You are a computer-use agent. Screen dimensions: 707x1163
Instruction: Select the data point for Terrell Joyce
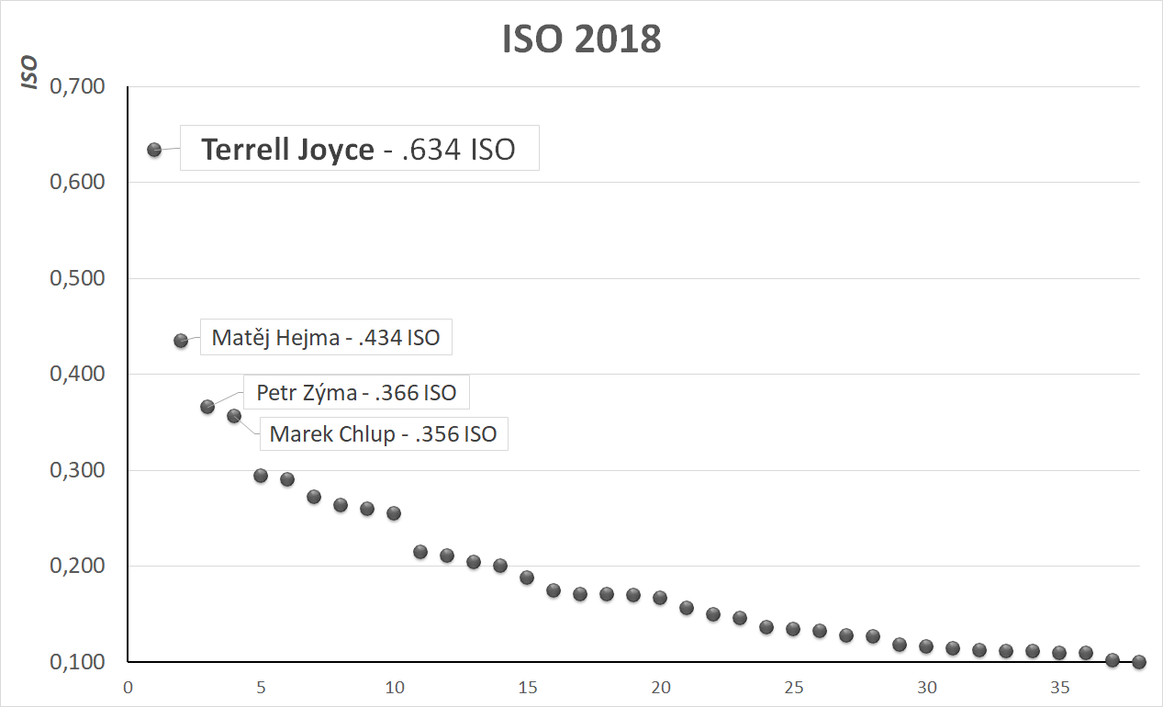[154, 150]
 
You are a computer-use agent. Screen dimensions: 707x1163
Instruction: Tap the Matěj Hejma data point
[181, 341]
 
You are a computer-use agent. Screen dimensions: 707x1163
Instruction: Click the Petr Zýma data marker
[207, 407]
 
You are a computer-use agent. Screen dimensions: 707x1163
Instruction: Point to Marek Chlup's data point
[234, 416]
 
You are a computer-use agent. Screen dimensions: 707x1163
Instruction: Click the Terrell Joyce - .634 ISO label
[359, 150]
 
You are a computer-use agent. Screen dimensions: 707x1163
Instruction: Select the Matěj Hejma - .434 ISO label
[326, 338]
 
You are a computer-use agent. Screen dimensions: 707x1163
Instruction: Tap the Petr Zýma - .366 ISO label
[356, 393]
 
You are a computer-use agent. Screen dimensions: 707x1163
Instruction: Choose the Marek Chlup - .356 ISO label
[383, 433]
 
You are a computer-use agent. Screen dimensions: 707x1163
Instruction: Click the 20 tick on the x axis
[661, 688]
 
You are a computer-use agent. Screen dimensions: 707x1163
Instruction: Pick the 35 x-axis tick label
[1060, 688]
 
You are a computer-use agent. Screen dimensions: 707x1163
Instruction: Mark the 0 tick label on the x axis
[128, 688]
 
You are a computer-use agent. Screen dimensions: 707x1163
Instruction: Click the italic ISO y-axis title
[31, 73]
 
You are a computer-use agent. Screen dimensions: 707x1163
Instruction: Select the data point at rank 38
[1139, 662]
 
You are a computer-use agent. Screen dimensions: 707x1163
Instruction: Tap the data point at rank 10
[394, 513]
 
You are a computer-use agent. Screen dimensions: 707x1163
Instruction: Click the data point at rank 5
[261, 476]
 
